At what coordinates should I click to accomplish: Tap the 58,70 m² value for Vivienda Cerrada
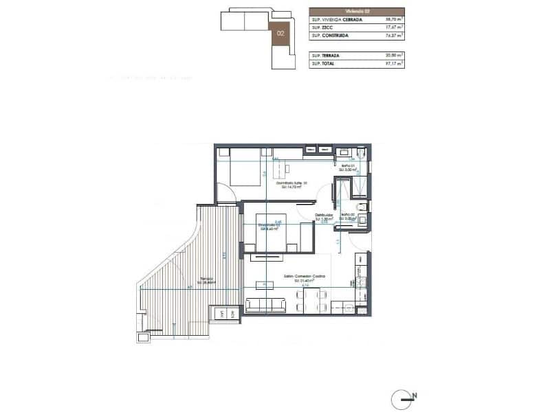coord(393,20)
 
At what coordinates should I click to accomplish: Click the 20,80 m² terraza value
coord(393,56)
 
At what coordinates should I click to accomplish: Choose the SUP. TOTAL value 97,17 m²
coord(393,64)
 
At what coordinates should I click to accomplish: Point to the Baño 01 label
coord(349,167)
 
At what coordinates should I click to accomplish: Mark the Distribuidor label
coord(324,217)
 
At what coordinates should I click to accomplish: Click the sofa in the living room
coord(266,304)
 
